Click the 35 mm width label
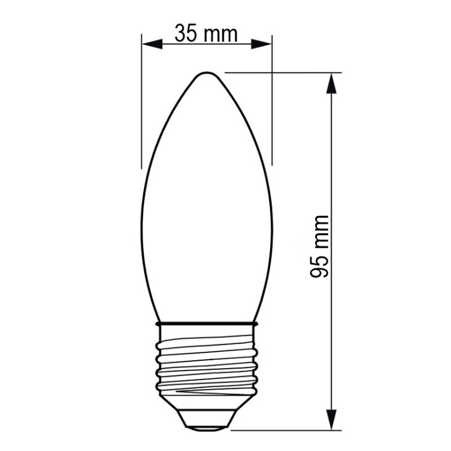[x=206, y=33]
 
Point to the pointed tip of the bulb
[x=206, y=73]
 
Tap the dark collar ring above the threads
[x=206, y=324]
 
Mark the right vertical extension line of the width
[x=272, y=102]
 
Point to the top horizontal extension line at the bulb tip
[x=283, y=73]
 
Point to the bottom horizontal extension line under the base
[x=283, y=430]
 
